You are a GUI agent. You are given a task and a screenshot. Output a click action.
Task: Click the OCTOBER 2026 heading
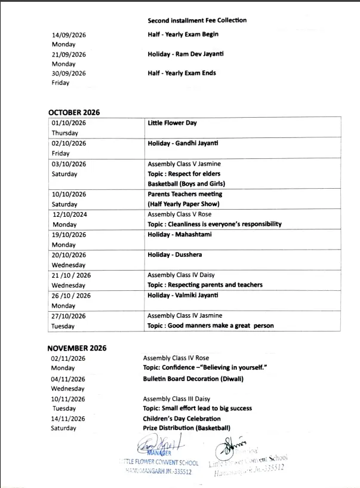click(74, 112)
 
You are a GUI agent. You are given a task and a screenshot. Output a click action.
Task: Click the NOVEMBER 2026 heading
click(77, 348)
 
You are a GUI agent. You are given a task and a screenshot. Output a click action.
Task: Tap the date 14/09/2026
click(69, 35)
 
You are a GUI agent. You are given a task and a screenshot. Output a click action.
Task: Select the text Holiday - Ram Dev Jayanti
click(186, 54)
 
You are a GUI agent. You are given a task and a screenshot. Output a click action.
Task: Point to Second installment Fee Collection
click(197, 20)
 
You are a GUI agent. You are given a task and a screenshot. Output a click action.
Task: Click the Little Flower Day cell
click(172, 123)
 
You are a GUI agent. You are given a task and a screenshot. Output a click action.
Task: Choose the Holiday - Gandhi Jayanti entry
click(183, 143)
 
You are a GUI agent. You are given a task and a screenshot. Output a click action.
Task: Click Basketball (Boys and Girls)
click(186, 183)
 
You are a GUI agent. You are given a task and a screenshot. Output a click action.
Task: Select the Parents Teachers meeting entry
click(184, 194)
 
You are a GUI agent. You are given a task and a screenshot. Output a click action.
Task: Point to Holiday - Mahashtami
click(179, 234)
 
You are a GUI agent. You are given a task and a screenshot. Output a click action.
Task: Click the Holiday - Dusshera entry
click(175, 254)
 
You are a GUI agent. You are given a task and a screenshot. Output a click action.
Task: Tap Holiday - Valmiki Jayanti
click(183, 295)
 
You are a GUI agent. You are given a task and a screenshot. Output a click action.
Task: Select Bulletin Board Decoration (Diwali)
click(193, 379)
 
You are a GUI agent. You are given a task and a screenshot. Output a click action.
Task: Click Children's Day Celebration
click(181, 419)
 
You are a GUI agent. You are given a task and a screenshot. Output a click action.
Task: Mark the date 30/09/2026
click(69, 73)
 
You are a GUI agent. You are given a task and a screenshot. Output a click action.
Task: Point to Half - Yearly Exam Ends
click(181, 73)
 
